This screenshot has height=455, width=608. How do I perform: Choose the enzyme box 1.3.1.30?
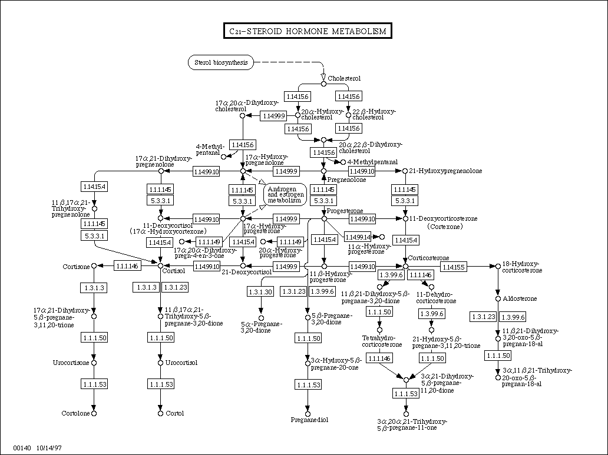[x=260, y=291]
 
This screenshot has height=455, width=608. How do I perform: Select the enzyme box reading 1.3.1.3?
[x=93, y=287]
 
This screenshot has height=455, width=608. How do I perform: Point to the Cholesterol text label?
[x=344, y=78]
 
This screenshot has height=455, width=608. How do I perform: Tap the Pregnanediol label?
[x=309, y=420]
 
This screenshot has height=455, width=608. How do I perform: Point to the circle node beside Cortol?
[x=160, y=413]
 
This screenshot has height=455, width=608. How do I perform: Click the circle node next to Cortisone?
[x=93, y=267]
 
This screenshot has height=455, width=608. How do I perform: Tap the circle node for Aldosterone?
[x=498, y=299]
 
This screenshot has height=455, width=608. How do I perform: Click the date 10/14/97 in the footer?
[x=49, y=448]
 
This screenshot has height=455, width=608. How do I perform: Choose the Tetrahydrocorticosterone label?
[x=382, y=341]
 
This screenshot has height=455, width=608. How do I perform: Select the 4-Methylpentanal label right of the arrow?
[x=372, y=162]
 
